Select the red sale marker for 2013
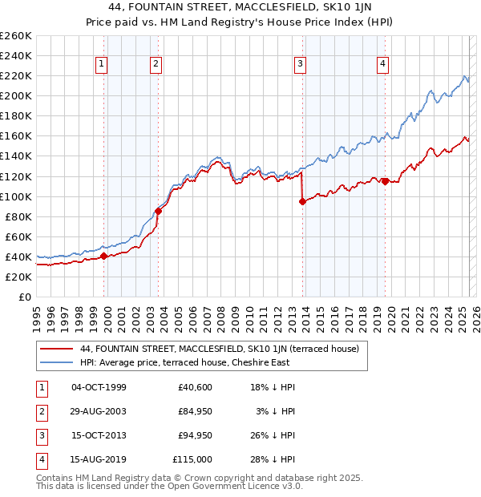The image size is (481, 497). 302,202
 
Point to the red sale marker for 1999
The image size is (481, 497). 103,257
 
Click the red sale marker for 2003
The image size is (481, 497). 159,212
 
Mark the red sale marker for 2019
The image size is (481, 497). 385,181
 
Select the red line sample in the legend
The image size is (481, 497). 55,349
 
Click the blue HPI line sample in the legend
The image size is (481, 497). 55,362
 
